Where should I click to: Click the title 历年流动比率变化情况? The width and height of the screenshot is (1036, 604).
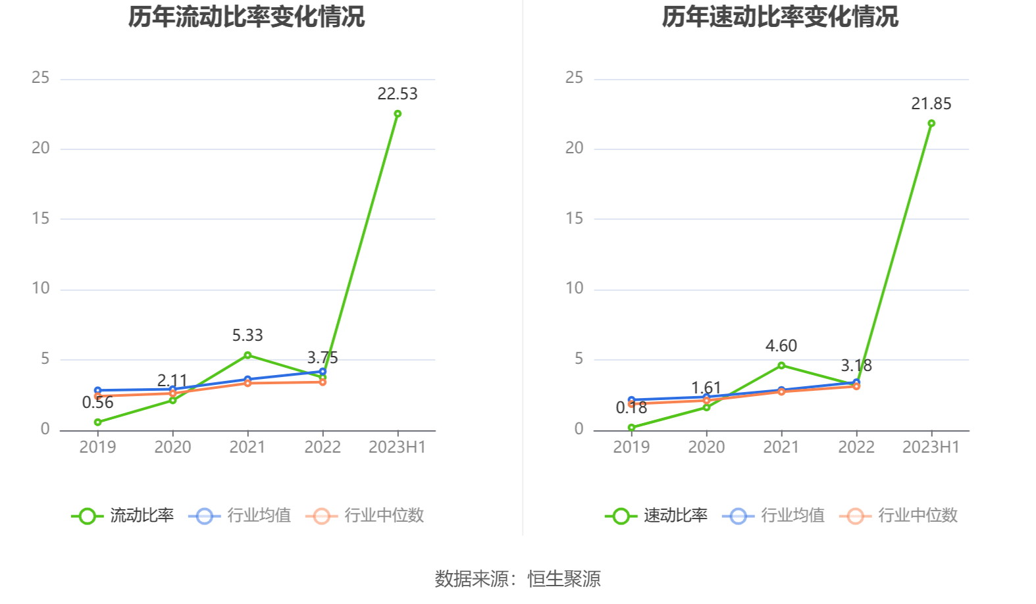point(246,17)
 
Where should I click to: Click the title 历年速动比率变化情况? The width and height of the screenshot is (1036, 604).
point(780,17)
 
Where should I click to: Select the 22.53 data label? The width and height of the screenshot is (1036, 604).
point(398,94)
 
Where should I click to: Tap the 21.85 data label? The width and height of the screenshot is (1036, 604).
point(931,104)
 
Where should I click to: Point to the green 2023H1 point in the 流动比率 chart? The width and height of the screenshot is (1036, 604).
point(398,114)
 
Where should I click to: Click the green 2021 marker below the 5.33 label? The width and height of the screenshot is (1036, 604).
point(247,355)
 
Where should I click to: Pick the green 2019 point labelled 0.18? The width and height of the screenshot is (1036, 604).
point(631,428)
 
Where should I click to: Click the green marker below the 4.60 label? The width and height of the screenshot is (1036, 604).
point(781,365)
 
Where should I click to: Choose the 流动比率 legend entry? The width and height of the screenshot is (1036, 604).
point(123,516)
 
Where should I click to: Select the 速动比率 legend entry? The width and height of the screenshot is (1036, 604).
point(657,516)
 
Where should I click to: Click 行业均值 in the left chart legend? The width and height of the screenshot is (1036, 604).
point(240,516)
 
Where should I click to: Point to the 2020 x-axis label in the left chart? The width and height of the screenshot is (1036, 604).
point(172,447)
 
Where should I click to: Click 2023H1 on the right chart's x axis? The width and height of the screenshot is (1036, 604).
point(931,447)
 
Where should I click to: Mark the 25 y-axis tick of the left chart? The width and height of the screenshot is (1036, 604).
point(41,78)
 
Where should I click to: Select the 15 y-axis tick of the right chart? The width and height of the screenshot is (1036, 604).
point(575,218)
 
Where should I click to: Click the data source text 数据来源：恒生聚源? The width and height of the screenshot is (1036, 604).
point(517,579)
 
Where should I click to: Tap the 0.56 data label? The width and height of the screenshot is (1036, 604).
point(97,403)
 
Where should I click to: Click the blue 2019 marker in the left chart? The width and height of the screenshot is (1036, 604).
point(97,390)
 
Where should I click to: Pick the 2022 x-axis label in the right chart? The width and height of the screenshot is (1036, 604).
point(856,447)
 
